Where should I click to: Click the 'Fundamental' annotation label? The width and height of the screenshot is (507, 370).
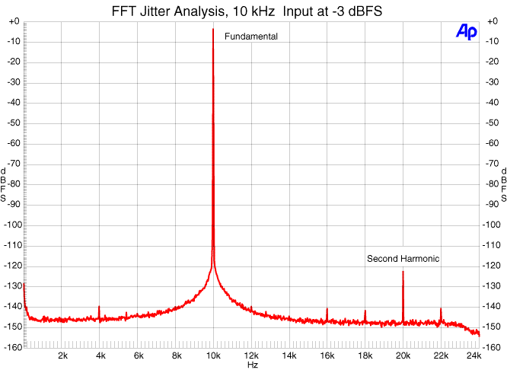coord(250,37)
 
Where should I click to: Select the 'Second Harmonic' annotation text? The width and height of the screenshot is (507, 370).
coord(403,259)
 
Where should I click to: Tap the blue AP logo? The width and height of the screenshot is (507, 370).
coord(466,30)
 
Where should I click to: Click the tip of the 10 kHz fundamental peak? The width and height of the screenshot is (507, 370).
coord(213,30)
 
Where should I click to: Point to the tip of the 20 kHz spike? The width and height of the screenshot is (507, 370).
coord(403,272)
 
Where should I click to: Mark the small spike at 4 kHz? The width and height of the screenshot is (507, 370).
coord(99,307)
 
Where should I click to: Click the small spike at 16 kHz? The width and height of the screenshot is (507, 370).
coord(327,309)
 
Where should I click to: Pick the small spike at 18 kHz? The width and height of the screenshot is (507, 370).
coord(365,311)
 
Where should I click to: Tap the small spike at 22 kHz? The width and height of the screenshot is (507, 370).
coord(441,309)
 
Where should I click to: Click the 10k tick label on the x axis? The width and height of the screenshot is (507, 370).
coord(213,356)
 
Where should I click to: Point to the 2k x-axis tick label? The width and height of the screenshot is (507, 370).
coord(62,356)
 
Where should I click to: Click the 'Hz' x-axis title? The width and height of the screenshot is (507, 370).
coord(252,365)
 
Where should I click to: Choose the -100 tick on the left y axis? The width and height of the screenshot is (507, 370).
coord(13,225)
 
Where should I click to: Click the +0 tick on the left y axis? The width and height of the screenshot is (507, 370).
coord(14,21)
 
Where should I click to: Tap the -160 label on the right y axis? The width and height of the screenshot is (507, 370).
coord(493,347)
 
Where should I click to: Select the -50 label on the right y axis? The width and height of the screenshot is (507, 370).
coord(491,123)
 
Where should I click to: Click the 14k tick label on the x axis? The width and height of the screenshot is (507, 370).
coord(289,356)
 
